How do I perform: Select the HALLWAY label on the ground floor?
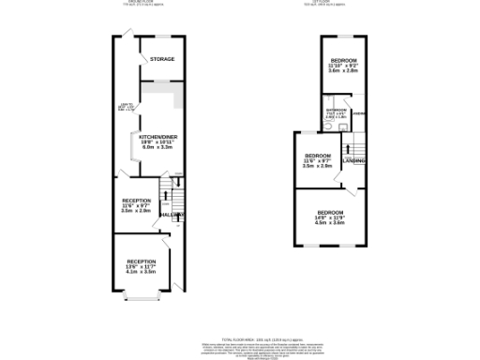(x=172, y=215)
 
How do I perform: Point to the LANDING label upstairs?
(x=354, y=161)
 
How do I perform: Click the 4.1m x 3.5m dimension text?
(x=142, y=272)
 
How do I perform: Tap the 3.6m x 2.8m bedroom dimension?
(x=343, y=70)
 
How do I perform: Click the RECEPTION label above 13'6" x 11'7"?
(x=142, y=261)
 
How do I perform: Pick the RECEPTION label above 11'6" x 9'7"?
(x=137, y=201)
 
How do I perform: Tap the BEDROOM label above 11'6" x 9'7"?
(x=318, y=155)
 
